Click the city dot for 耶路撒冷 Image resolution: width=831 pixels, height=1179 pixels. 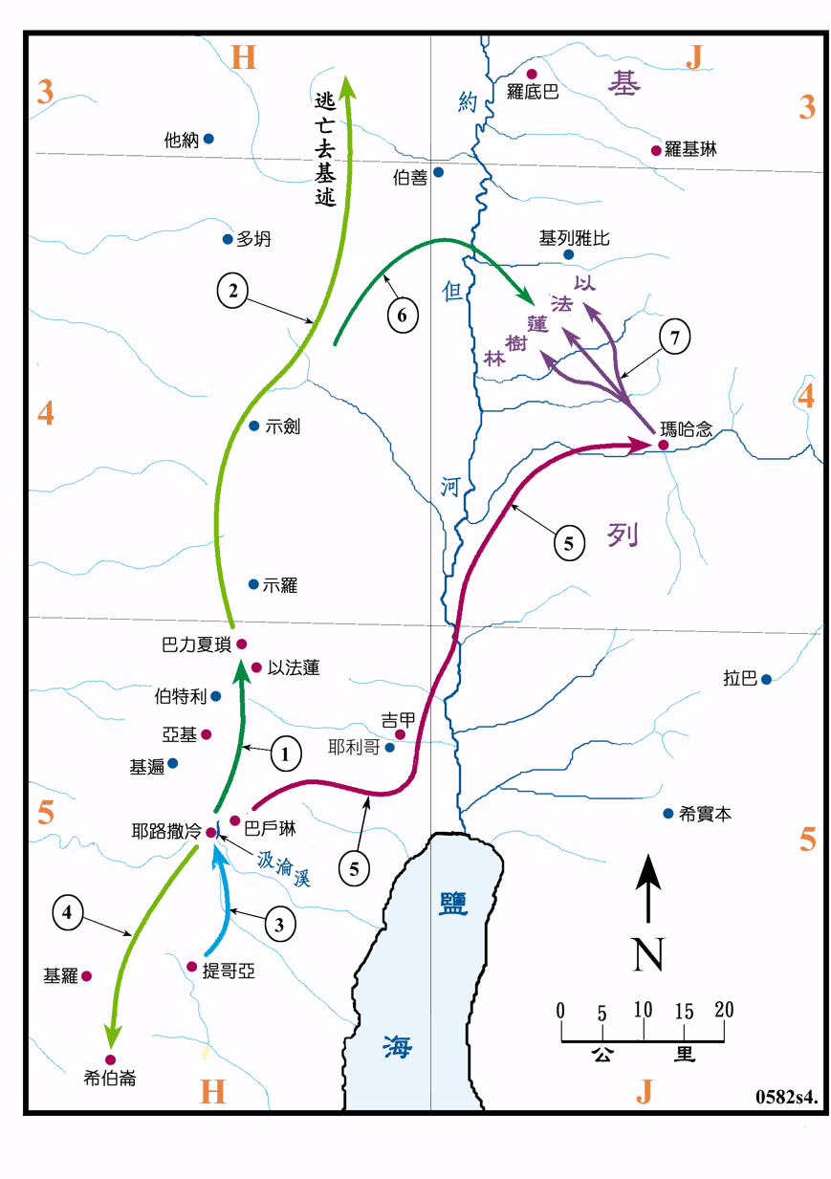click(x=211, y=832)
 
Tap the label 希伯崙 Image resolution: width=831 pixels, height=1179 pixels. click(x=110, y=1079)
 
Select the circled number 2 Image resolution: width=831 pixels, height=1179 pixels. click(x=231, y=291)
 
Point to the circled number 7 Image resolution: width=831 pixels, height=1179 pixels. click(x=675, y=338)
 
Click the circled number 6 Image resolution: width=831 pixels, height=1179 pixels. click(x=404, y=316)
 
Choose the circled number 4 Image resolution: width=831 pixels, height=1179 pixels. click(x=67, y=912)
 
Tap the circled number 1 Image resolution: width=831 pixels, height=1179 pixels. click(x=284, y=753)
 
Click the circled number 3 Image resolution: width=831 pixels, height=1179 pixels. click(x=278, y=925)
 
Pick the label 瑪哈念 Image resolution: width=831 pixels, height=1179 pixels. click(x=686, y=430)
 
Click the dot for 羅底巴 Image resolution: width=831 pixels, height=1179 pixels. click(x=533, y=74)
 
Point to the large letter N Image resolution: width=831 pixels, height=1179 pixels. click(x=648, y=954)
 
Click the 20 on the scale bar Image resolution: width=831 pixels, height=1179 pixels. click(x=723, y=1010)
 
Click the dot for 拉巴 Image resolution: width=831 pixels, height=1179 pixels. click(x=766, y=679)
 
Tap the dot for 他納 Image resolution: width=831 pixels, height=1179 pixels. click(x=208, y=139)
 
